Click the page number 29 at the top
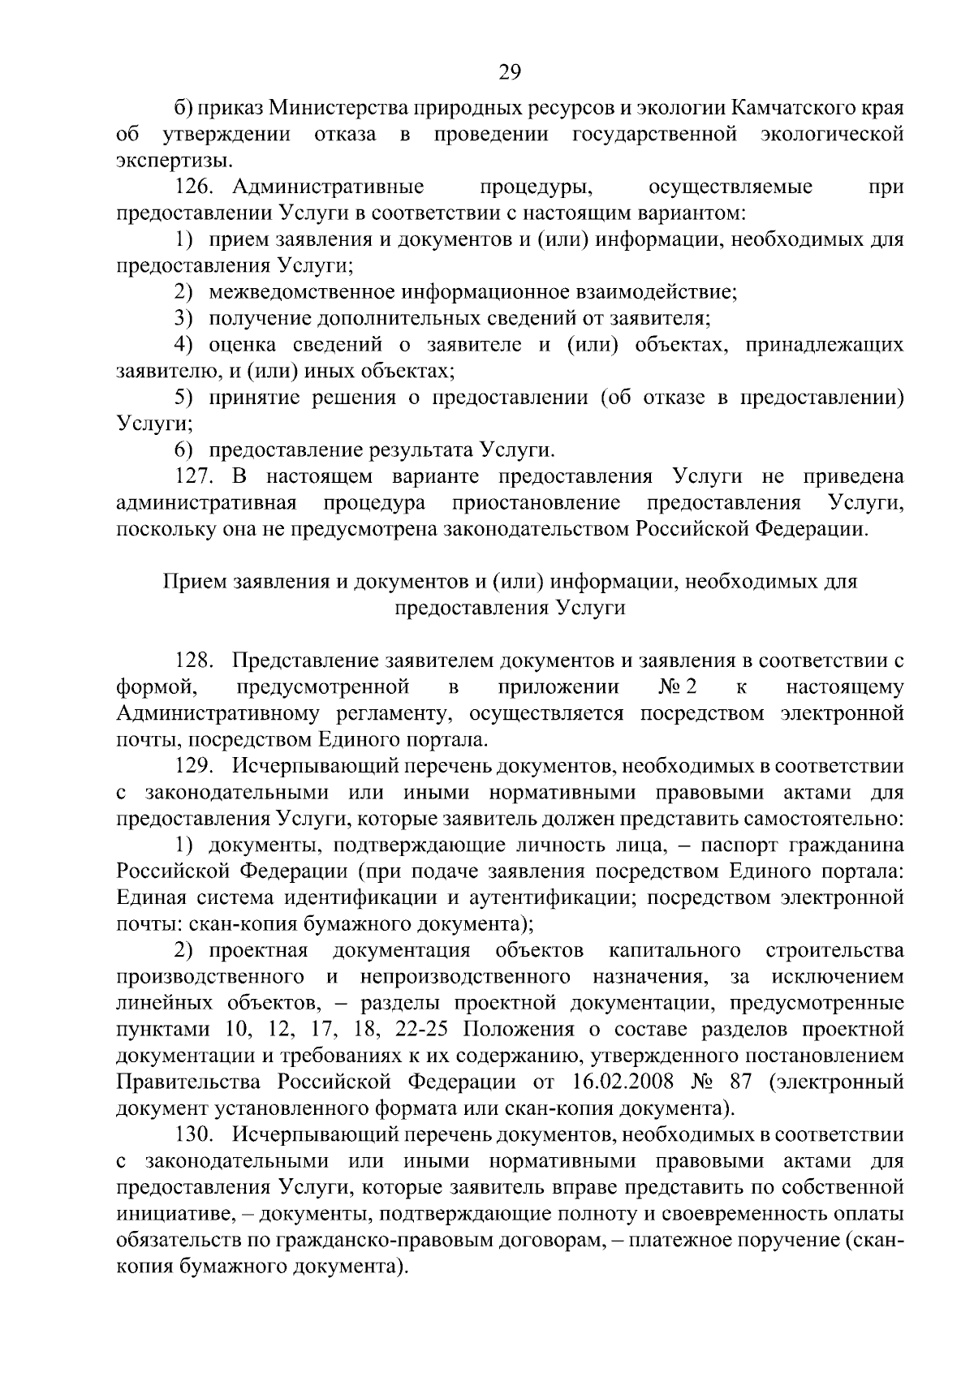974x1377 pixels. pos(510,73)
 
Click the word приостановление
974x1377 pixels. pos(537,503)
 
